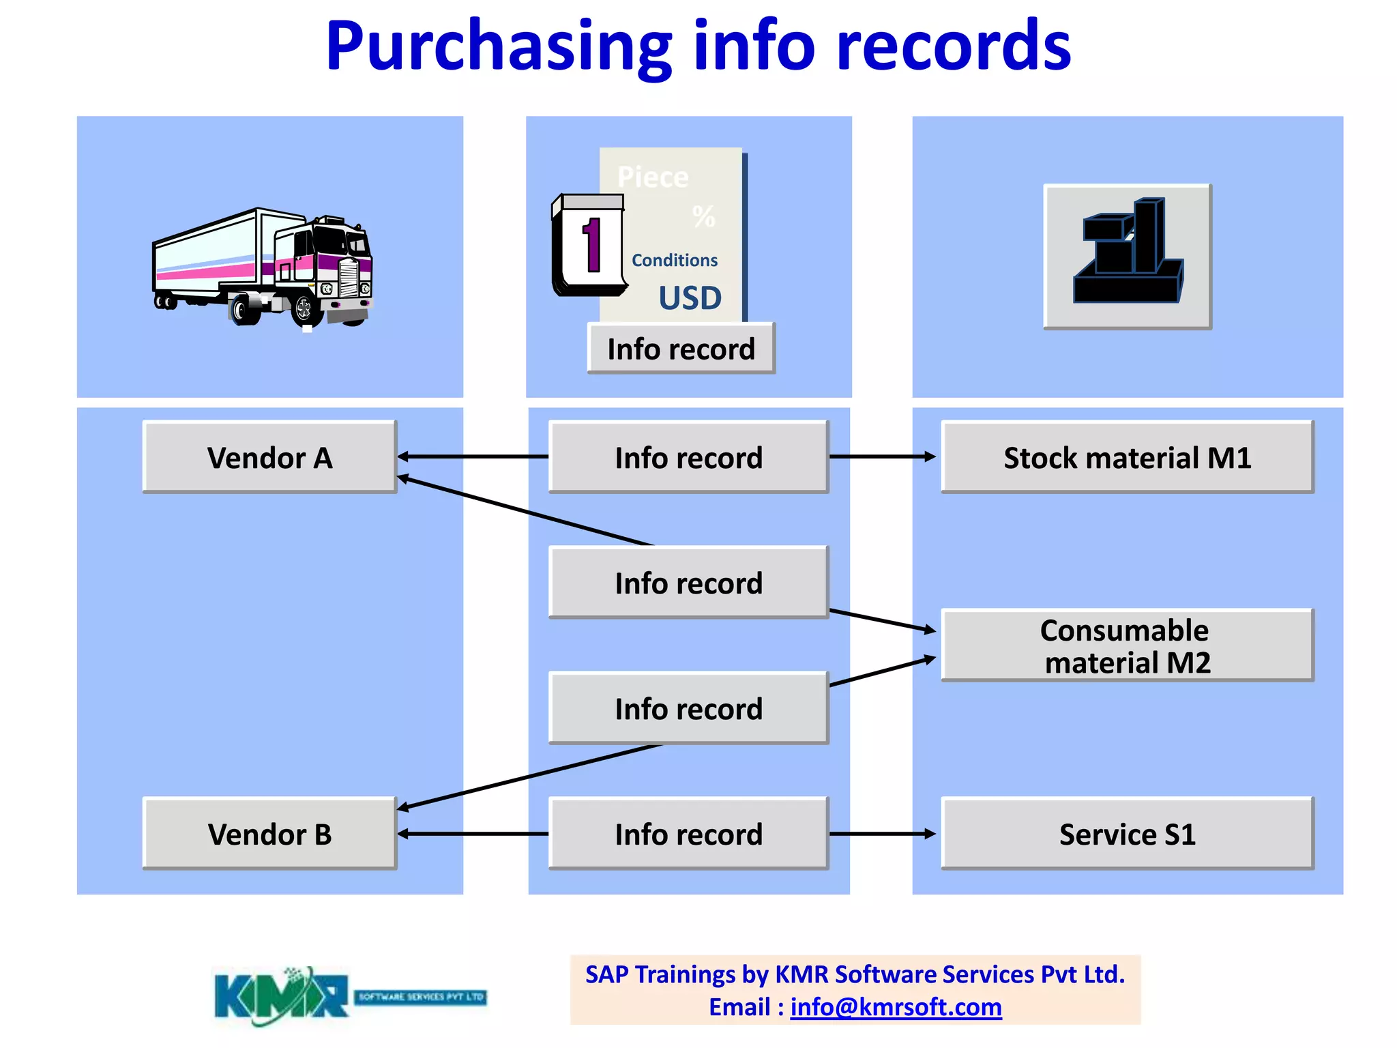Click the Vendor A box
click(x=269, y=457)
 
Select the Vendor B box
click(x=269, y=834)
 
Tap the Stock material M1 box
click(x=1127, y=457)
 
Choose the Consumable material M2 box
click(x=1127, y=645)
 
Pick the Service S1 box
click(x=1127, y=834)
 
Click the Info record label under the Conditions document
click(x=681, y=349)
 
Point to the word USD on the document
click(x=690, y=298)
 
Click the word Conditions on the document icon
click(x=674, y=260)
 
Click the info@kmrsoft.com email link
click(x=896, y=1007)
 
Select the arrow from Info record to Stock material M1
click(x=882, y=456)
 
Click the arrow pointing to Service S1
click(x=882, y=833)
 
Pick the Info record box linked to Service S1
click(x=688, y=834)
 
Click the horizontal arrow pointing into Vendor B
click(x=473, y=833)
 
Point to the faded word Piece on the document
click(x=653, y=177)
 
